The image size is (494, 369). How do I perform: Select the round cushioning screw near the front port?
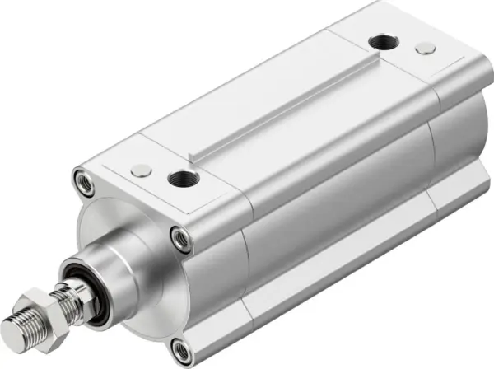point(142,170)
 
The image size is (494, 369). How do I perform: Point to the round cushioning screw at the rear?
point(425,49)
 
